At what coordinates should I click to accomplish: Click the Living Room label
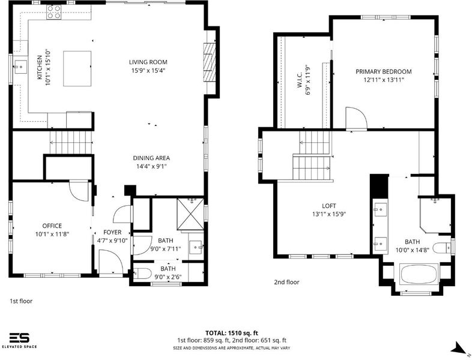coord(148,62)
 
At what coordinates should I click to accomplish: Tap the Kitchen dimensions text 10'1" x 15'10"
coord(48,68)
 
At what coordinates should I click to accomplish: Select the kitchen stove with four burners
coord(54,12)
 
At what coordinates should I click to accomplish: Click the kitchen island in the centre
coord(77,68)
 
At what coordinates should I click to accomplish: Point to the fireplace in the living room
coord(210,62)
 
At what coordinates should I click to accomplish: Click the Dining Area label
coord(151,158)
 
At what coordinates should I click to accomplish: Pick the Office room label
coord(52,226)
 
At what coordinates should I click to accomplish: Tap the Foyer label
coord(112,232)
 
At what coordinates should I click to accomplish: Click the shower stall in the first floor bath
coord(190,214)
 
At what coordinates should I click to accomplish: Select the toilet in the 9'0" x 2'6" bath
coord(142,274)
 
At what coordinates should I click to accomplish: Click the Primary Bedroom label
coord(384,71)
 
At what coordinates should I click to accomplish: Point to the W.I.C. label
coord(300,80)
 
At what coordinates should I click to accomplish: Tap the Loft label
coord(329,206)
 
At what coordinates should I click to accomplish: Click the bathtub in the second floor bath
coord(419,274)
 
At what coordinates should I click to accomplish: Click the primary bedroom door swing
coord(357,118)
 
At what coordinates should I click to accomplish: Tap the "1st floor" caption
coord(21,301)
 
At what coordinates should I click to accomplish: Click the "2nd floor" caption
coord(286,282)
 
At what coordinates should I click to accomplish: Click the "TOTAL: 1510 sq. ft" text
coord(231,333)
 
